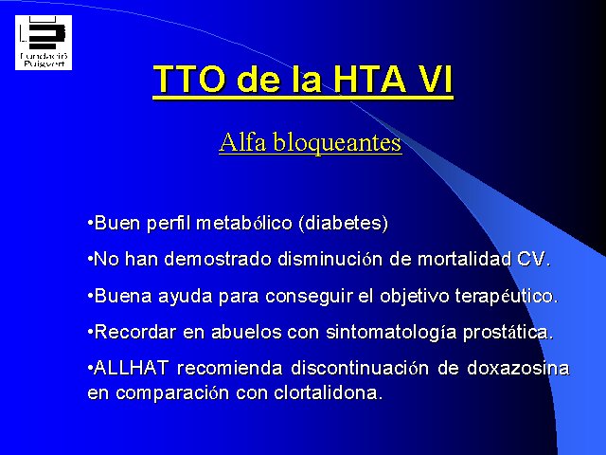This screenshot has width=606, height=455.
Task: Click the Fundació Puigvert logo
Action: click(x=44, y=43)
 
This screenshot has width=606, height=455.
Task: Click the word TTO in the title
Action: click(x=189, y=80)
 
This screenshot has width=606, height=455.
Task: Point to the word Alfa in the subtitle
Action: click(x=242, y=142)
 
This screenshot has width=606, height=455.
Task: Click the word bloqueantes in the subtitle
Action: click(x=338, y=143)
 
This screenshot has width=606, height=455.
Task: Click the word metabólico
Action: click(x=244, y=224)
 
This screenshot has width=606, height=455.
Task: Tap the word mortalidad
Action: click(x=464, y=259)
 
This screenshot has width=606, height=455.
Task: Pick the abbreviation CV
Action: click(x=531, y=259)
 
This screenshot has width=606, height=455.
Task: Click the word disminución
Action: click(x=330, y=259)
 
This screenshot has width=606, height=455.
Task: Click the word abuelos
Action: click(x=246, y=332)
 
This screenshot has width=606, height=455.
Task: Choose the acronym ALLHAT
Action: click(x=132, y=368)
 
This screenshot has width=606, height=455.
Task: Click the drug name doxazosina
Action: click(x=518, y=368)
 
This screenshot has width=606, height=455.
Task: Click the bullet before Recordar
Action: click(x=91, y=333)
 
